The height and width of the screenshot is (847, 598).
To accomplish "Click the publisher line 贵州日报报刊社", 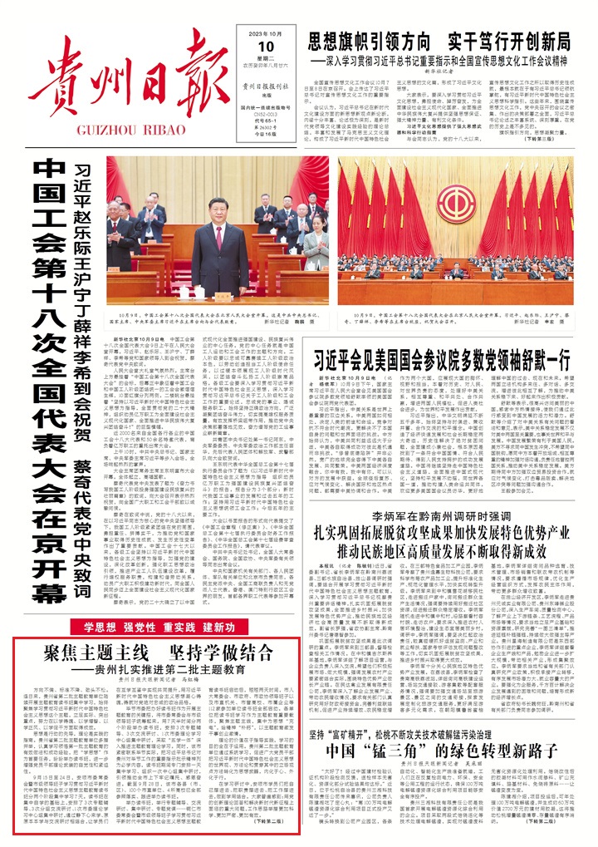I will tap(264, 85).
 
